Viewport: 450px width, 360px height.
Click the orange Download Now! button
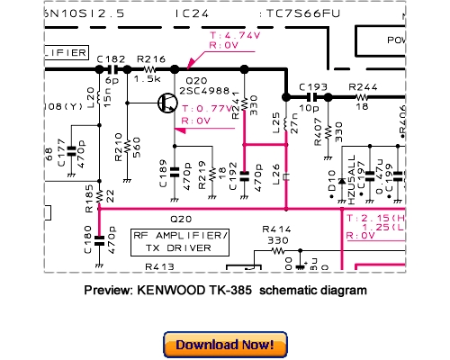(225, 344)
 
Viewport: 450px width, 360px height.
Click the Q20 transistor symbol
(166, 102)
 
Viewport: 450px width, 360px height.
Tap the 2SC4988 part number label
(208, 91)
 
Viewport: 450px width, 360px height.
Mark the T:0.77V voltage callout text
(207, 107)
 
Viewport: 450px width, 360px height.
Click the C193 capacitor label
(312, 86)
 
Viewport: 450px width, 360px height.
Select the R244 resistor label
(362, 86)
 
